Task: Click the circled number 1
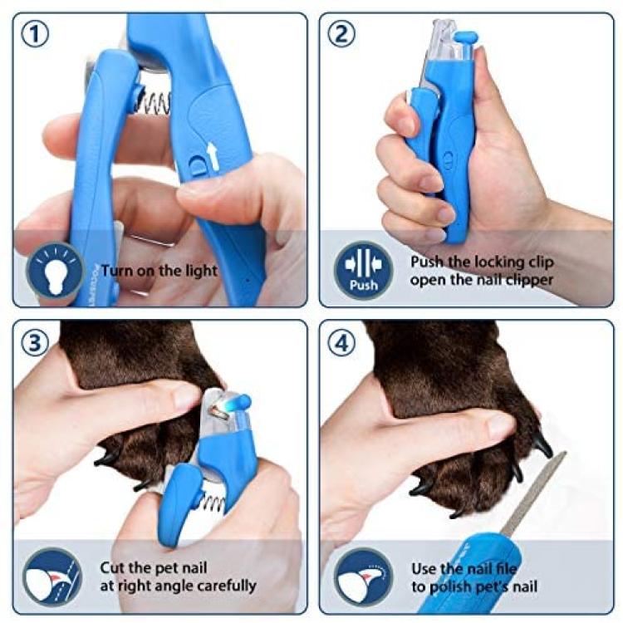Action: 35,35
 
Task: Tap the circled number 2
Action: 341,35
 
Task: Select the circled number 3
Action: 35,342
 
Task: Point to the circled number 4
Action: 341,342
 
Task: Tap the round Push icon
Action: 363,271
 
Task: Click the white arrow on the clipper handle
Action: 213,155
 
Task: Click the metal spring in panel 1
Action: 155,104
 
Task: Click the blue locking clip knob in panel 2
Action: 466,37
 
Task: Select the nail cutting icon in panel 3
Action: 52,577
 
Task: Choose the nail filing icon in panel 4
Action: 363,577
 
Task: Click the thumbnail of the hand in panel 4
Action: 501,425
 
